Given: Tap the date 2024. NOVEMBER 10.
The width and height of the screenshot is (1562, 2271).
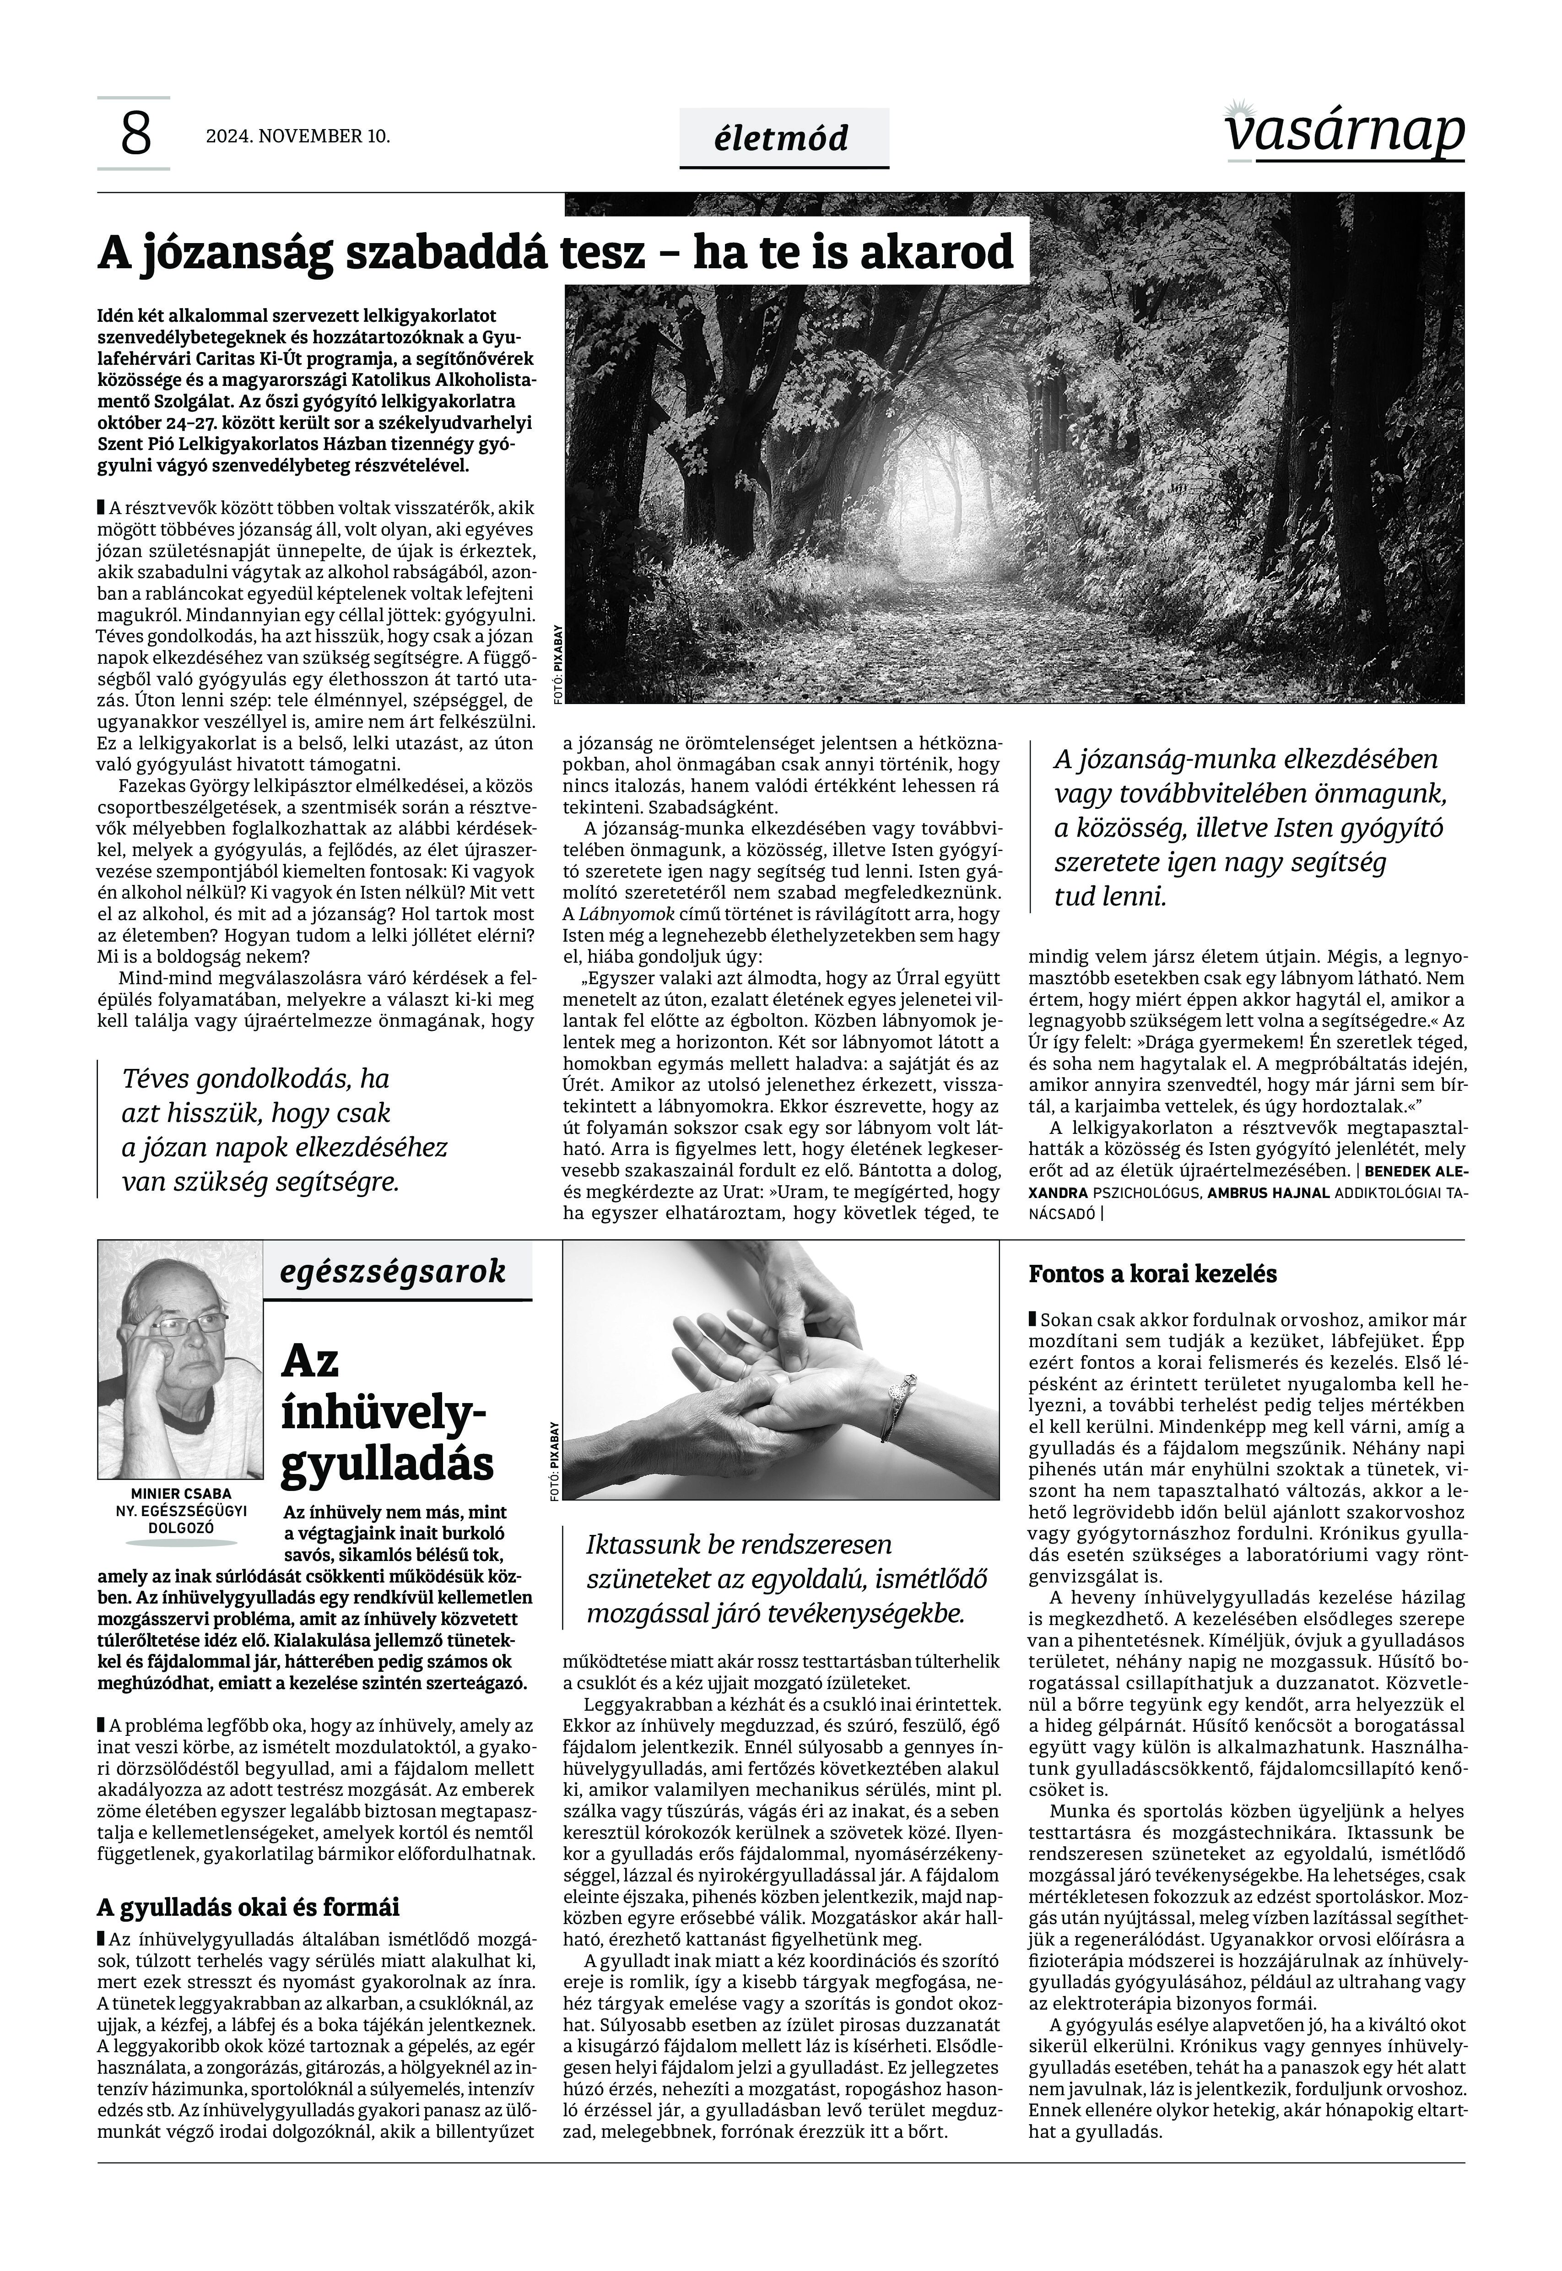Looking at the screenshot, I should tap(297, 136).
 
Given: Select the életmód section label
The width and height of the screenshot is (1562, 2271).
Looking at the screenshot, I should tap(783, 138).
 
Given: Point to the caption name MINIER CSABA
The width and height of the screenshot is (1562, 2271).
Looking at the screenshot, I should tap(181, 1494).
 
